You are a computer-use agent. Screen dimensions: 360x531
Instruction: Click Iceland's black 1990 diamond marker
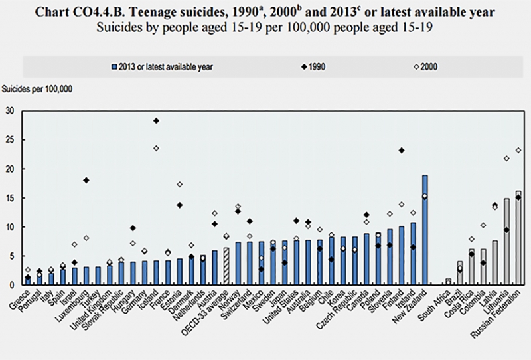pos(156,120)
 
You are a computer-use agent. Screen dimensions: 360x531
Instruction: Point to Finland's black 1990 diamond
pos(402,150)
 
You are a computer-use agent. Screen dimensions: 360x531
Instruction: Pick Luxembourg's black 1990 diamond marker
pos(86,180)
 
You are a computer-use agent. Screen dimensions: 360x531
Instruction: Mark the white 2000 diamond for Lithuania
pos(506,158)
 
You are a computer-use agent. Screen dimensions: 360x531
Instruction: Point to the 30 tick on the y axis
pos(9,110)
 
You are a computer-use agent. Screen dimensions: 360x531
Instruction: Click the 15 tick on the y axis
pos(9,197)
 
